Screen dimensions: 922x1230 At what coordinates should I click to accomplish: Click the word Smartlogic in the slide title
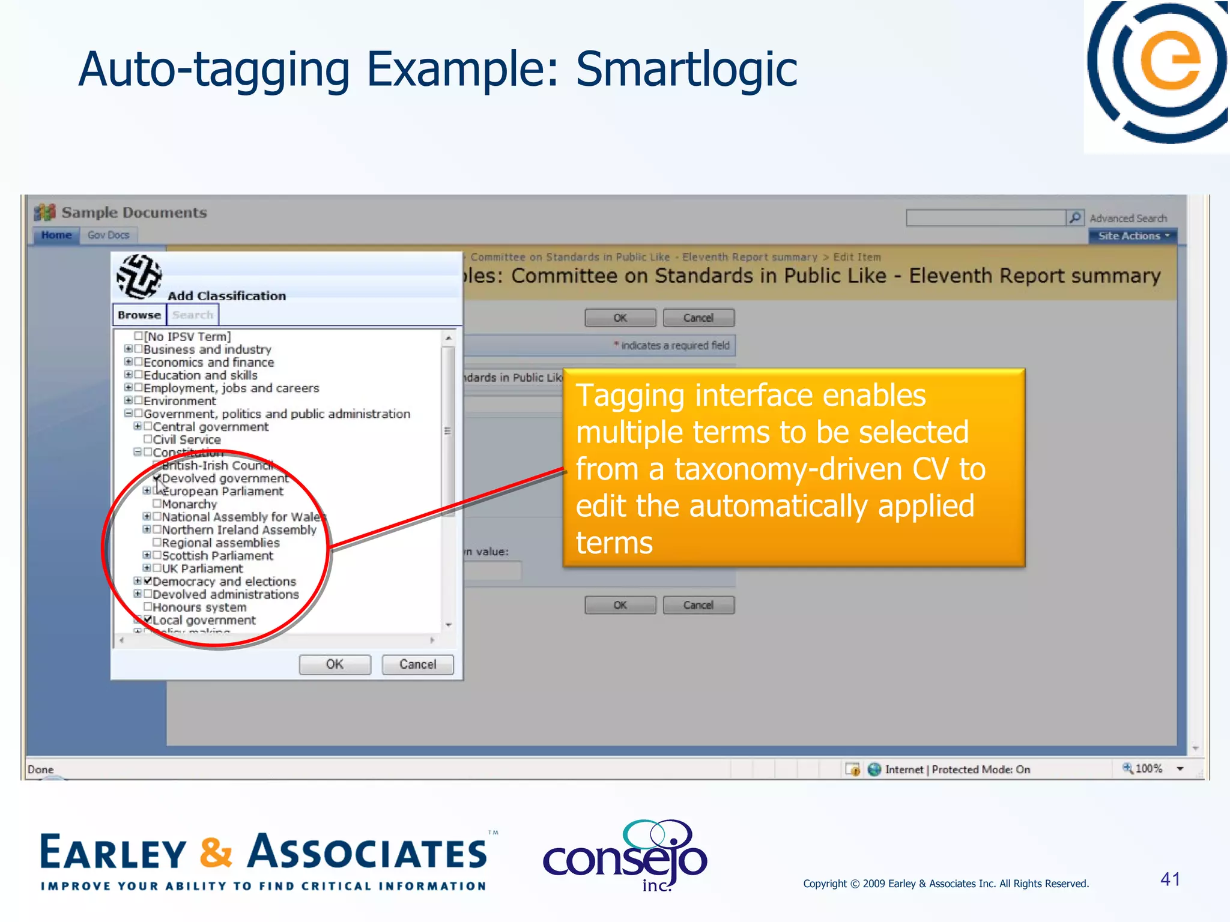click(686, 70)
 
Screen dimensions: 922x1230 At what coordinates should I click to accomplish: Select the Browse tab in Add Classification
click(139, 315)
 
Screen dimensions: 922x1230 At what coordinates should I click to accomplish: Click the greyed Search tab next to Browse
click(192, 315)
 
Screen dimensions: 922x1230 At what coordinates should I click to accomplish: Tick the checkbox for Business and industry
click(139, 349)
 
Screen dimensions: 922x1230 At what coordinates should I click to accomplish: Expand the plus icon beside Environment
click(129, 400)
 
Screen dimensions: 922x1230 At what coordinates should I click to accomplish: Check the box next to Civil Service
click(148, 439)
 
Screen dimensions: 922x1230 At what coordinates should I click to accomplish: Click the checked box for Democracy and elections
click(148, 581)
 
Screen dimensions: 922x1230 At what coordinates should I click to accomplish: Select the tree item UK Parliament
click(202, 568)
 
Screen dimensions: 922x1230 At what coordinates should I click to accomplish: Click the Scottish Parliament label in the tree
click(217, 556)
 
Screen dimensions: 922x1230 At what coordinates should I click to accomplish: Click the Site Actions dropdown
click(1133, 236)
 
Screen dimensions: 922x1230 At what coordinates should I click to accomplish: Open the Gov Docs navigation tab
click(109, 235)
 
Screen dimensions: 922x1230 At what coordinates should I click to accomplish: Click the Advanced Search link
click(1128, 218)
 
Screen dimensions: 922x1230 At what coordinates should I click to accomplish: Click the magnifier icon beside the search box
click(1074, 217)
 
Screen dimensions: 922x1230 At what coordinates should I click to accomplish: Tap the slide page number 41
click(1170, 879)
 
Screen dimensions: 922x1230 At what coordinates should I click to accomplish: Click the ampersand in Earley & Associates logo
click(216, 852)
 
